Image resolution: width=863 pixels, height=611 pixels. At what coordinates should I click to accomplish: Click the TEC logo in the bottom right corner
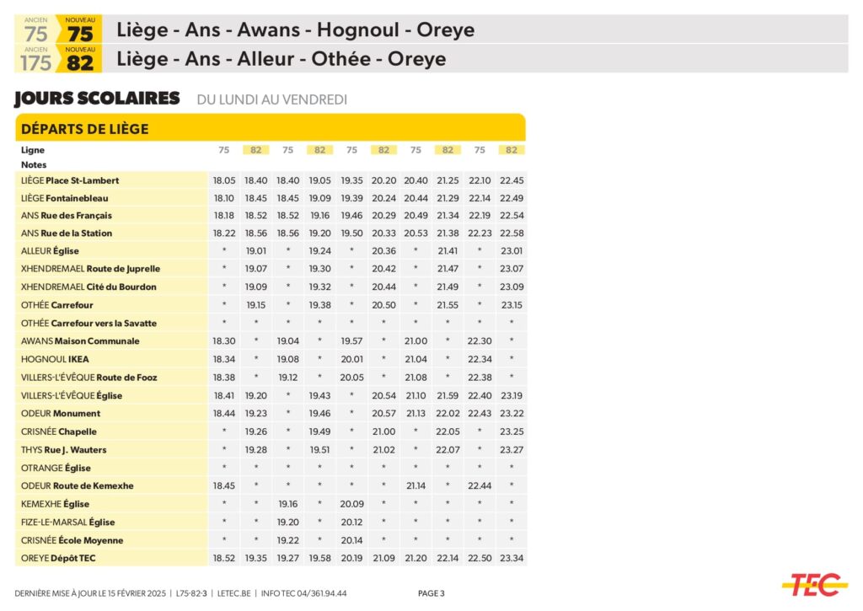click(x=813, y=584)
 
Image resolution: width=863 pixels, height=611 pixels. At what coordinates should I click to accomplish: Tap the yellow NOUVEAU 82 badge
click(x=80, y=60)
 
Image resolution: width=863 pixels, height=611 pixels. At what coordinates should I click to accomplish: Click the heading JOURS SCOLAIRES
click(x=97, y=99)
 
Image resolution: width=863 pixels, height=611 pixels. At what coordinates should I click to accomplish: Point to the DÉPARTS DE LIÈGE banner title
click(x=84, y=129)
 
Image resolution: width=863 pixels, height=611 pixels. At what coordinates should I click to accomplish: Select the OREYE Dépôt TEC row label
click(x=58, y=558)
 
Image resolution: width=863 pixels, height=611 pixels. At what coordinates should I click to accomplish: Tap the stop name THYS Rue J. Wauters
click(x=63, y=449)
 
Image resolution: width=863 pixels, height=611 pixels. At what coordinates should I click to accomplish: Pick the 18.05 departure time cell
click(x=224, y=180)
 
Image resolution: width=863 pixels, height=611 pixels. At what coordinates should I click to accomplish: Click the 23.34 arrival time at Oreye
click(x=511, y=558)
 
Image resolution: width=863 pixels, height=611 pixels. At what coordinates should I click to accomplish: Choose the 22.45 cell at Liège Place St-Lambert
click(x=511, y=180)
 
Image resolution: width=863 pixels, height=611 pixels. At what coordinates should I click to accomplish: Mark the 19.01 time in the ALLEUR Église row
click(x=255, y=250)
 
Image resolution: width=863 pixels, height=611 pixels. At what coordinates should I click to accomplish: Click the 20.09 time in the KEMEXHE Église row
click(x=351, y=504)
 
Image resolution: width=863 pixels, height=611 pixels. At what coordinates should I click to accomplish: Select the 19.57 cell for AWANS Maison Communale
click(x=351, y=341)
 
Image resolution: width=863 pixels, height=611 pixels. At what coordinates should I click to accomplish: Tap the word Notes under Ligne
click(x=34, y=164)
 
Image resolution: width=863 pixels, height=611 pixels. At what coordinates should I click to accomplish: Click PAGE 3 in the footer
click(x=431, y=593)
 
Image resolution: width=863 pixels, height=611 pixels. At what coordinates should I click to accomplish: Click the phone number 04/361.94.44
click(x=321, y=593)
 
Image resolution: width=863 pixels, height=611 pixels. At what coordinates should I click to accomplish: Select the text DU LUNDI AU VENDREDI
click(x=271, y=99)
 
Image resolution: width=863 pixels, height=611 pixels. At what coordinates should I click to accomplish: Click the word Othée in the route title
click(x=340, y=60)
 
